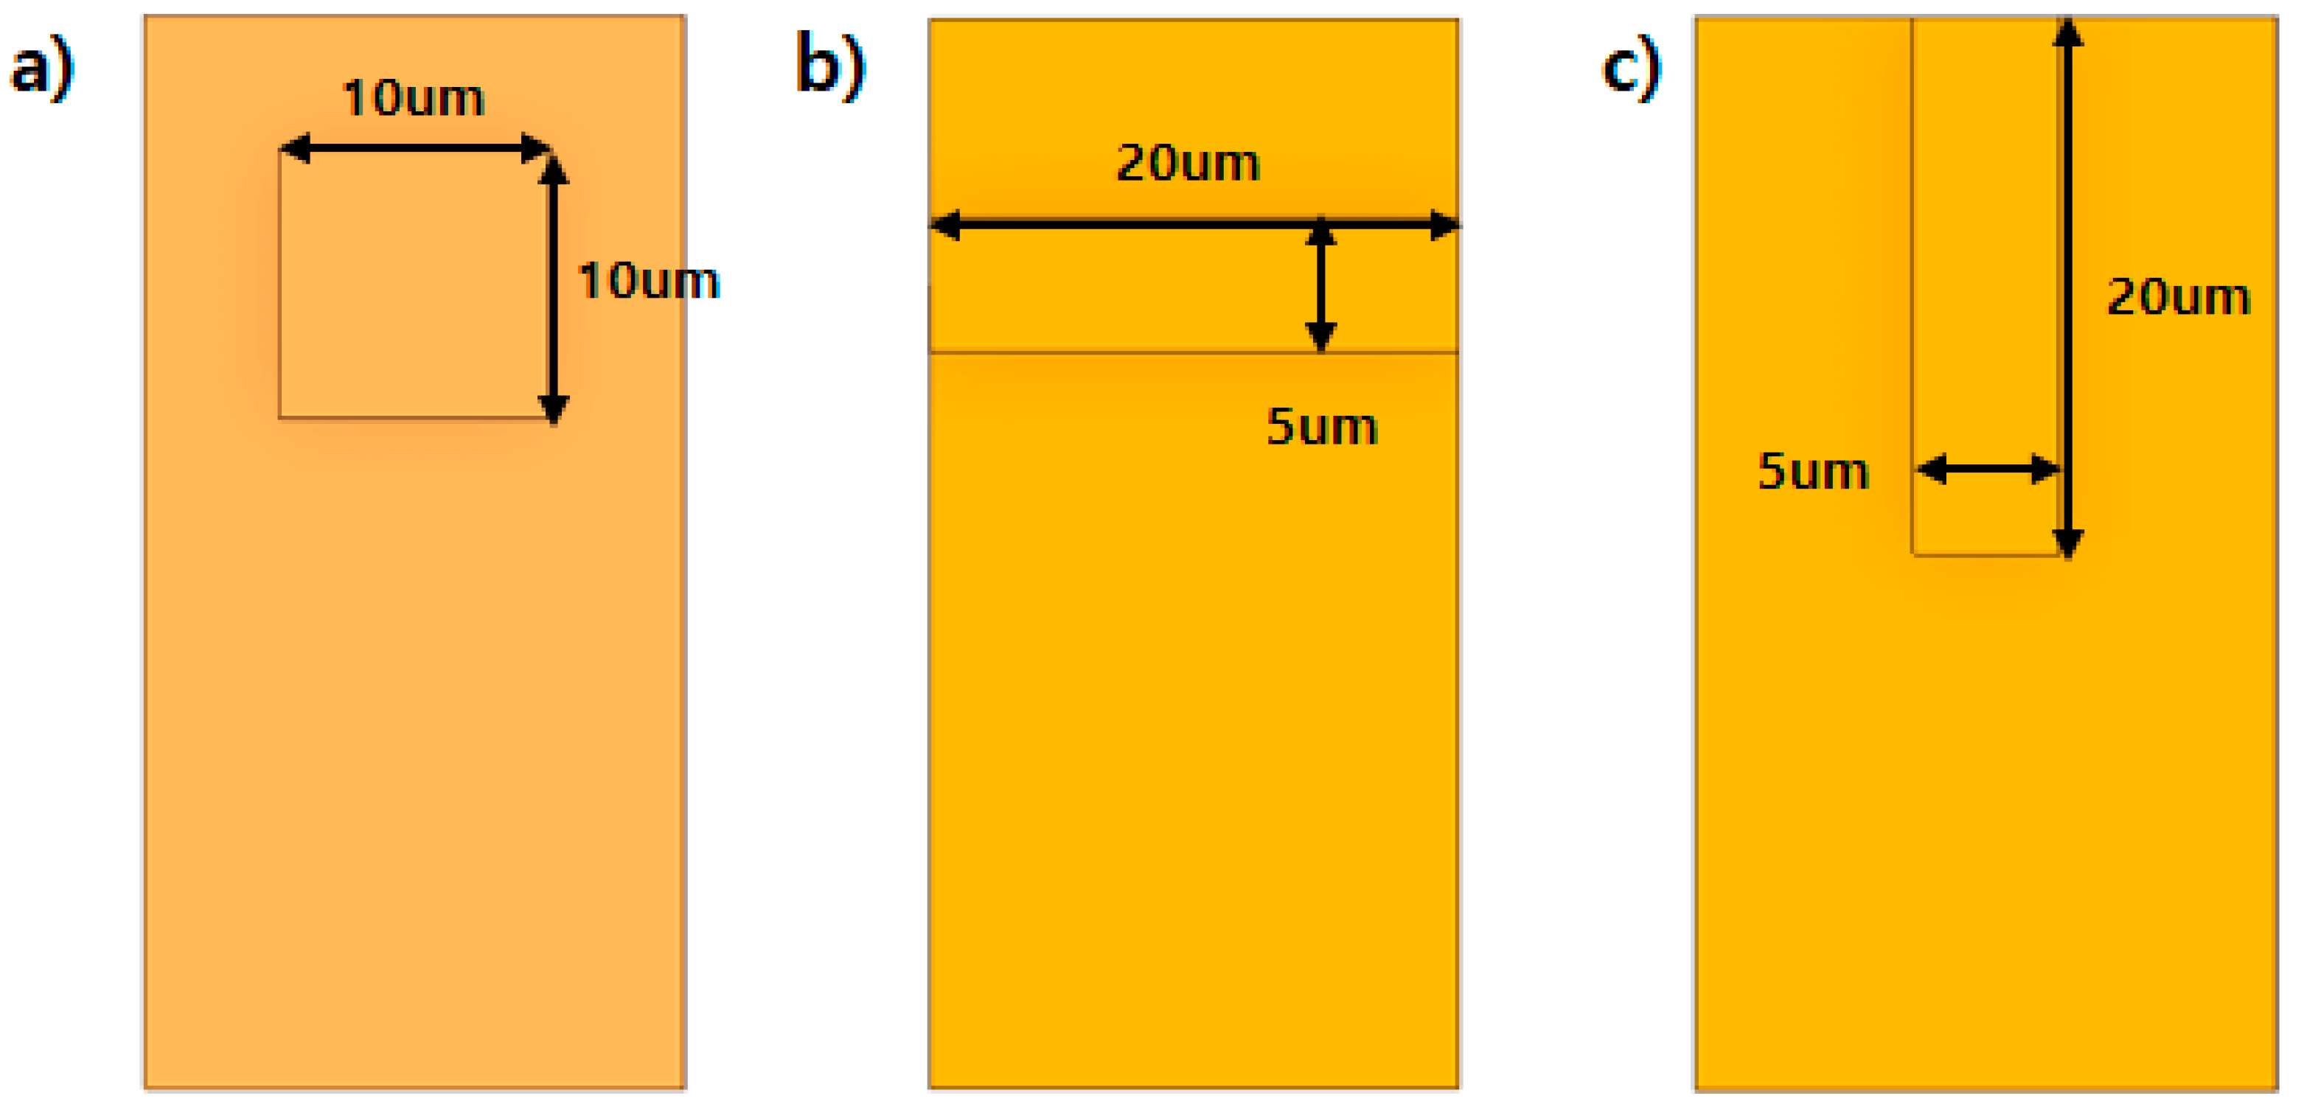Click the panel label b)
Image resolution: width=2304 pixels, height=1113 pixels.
tap(830, 64)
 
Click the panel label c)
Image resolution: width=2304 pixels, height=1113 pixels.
tap(1631, 68)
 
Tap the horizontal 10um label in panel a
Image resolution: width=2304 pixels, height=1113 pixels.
tap(413, 98)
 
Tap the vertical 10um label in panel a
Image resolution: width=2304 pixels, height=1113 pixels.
tap(649, 281)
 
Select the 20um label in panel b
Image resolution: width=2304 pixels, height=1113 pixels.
tap(1188, 164)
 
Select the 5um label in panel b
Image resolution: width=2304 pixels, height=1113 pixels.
tap(1321, 427)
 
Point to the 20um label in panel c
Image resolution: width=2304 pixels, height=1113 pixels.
tap(2178, 297)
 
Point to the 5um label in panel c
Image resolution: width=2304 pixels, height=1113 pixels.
tap(1813, 471)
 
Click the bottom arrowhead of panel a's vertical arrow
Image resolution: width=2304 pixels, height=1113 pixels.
tap(554, 409)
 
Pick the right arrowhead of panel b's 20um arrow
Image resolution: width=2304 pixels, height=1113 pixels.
tap(1444, 224)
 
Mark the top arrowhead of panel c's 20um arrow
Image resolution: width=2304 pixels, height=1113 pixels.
tap(2068, 32)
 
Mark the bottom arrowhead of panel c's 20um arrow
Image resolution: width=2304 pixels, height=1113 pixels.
tap(2068, 542)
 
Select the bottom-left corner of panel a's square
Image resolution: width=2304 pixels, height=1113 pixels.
tap(280, 417)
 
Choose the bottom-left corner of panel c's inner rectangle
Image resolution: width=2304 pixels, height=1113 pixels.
tap(1913, 555)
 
